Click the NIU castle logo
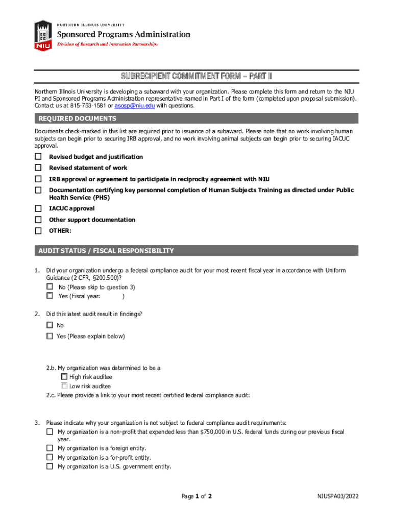tap(43, 35)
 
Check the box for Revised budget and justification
tap(38, 157)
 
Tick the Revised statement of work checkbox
tap(38, 168)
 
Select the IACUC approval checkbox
tap(38, 208)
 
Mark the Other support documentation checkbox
tap(38, 220)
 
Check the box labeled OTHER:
tap(38, 231)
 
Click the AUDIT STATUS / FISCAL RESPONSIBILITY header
tap(106, 251)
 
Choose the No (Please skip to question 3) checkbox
tap(50, 287)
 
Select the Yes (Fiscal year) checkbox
tap(50, 296)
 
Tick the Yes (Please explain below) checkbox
tap(50, 336)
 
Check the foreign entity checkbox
tap(50, 448)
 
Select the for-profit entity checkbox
tap(50, 458)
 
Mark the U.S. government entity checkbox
tap(50, 466)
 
